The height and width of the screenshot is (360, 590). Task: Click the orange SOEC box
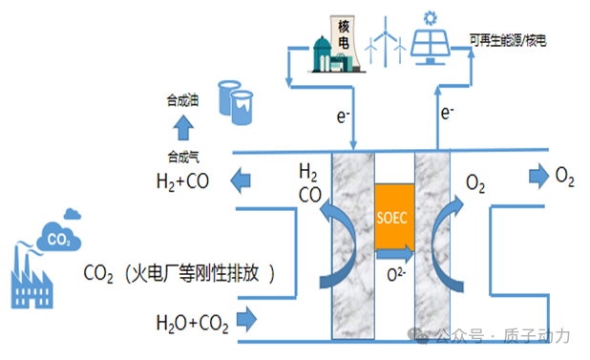(x=394, y=217)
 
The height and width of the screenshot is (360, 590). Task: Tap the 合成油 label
(x=182, y=101)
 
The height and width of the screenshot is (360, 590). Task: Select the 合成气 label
(x=183, y=157)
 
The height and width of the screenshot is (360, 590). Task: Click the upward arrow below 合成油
(x=183, y=128)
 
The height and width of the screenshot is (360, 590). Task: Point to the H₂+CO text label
(x=182, y=181)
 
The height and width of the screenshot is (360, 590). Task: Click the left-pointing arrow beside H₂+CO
(x=241, y=180)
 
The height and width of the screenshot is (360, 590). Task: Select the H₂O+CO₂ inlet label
(x=192, y=323)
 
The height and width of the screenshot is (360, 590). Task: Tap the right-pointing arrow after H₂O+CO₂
(x=247, y=319)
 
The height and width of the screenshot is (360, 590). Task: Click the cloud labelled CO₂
(x=58, y=237)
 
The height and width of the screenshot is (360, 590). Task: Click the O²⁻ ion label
(x=396, y=275)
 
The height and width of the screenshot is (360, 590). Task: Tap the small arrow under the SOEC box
(x=394, y=254)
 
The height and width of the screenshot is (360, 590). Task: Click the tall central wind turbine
(x=386, y=41)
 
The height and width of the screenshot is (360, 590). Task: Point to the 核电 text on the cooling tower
(x=343, y=34)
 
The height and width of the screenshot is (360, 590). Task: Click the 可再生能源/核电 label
(x=508, y=40)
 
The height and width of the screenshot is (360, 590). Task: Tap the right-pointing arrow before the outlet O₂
(x=539, y=176)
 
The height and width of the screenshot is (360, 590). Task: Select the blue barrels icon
(x=236, y=102)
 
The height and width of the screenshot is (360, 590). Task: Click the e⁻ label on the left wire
(x=343, y=116)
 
